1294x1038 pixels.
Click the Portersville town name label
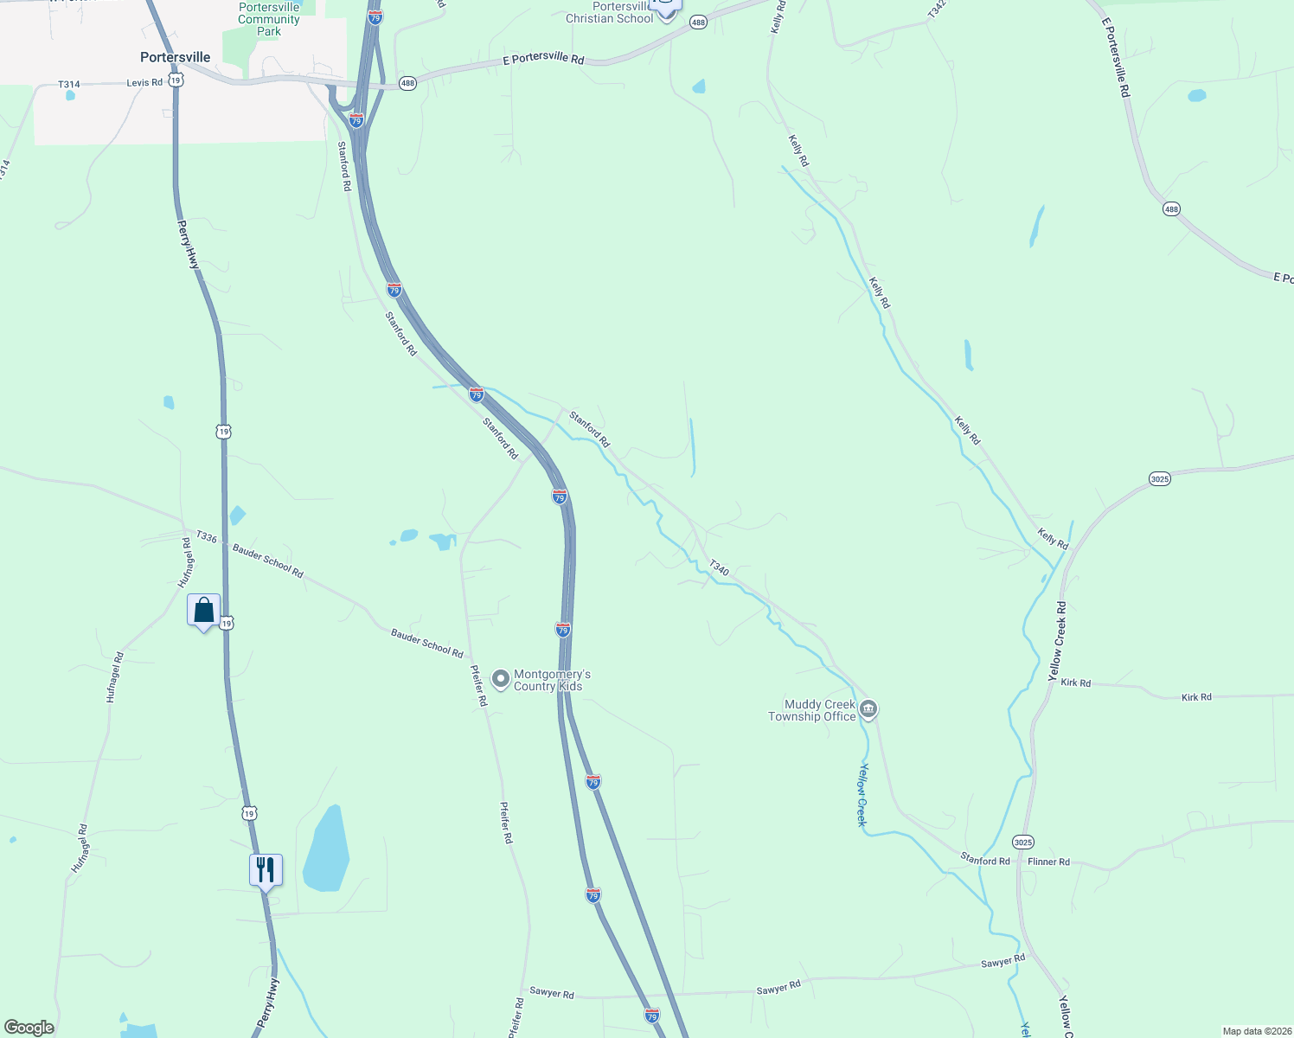point(175,57)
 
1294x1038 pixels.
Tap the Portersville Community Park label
point(269,19)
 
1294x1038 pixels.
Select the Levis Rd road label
point(144,83)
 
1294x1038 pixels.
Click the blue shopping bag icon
point(203,611)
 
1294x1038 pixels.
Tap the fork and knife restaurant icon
point(266,870)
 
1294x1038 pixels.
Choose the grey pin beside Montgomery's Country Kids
point(500,679)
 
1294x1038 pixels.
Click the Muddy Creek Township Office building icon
point(869,710)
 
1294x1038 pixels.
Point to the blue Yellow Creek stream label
point(862,795)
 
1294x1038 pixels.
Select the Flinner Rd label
point(1048,862)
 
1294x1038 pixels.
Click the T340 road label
point(719,567)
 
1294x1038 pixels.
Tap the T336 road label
point(207,537)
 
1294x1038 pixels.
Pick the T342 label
point(937,9)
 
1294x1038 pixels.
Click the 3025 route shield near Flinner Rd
point(1022,842)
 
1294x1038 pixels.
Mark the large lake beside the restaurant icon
point(326,849)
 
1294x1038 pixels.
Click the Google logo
point(29,1028)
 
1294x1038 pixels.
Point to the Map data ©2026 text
point(1256,1031)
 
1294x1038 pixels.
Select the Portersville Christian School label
point(610,13)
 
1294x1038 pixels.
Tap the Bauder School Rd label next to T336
point(267,561)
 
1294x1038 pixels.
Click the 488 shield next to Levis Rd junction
point(408,83)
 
